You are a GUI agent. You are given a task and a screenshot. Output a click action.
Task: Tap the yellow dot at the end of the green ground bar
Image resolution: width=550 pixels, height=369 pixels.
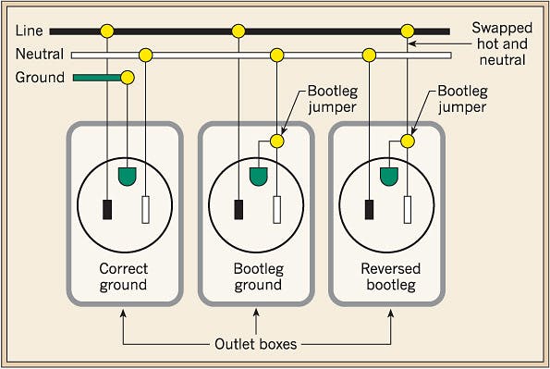(x=128, y=77)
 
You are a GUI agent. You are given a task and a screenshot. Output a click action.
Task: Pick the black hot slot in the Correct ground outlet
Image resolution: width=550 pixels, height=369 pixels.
(x=108, y=209)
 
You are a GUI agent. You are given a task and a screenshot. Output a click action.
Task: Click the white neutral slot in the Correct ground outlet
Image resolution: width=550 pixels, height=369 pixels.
(x=146, y=210)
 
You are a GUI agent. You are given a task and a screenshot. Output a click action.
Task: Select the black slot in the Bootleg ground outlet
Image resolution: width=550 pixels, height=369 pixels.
(x=239, y=209)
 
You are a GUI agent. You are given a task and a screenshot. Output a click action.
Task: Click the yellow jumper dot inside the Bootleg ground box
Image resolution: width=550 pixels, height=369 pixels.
(x=276, y=141)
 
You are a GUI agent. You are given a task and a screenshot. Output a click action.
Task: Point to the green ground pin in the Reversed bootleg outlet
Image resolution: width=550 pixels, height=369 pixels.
(x=389, y=173)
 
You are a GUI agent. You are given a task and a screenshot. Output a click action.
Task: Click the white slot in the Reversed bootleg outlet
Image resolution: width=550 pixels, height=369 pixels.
(x=408, y=210)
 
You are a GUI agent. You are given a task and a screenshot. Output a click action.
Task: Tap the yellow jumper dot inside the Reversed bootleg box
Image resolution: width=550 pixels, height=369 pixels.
(x=408, y=141)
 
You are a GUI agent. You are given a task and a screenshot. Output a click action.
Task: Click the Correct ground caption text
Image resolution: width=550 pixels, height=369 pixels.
(x=123, y=277)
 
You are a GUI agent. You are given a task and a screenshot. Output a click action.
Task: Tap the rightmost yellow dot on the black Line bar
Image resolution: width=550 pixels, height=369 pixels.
(x=408, y=31)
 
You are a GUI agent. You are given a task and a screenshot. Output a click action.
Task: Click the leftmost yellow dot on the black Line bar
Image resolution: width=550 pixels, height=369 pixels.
(x=108, y=31)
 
